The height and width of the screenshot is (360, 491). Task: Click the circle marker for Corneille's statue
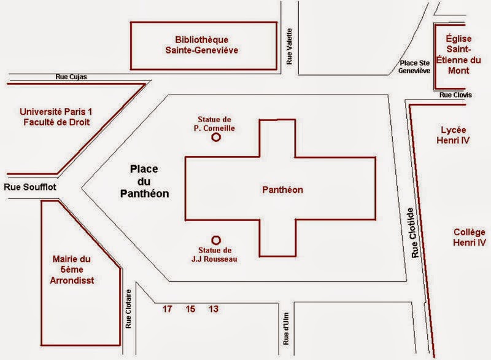(x=215, y=138)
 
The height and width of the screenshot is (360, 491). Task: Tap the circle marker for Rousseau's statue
(x=215, y=240)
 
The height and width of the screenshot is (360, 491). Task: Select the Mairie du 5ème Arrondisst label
(x=75, y=270)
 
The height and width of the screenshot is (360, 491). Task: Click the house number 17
(x=167, y=308)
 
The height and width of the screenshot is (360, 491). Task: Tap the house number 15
(x=190, y=308)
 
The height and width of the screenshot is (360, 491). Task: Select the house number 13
(x=213, y=308)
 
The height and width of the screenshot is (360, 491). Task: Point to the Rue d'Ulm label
(x=285, y=327)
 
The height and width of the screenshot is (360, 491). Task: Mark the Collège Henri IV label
(x=470, y=237)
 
